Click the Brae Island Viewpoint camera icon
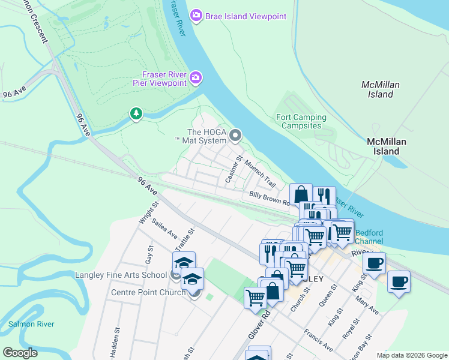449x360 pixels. tap(196, 16)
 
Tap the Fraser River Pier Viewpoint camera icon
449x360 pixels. tap(196, 78)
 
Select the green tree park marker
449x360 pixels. tap(136, 113)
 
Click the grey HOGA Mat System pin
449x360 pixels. tap(235, 136)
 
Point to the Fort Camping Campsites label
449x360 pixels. tap(301, 122)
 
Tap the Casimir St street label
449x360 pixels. tap(232, 170)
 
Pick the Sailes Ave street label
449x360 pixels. tap(164, 229)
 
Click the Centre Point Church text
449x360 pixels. tap(148, 293)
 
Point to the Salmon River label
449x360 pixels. tap(31, 324)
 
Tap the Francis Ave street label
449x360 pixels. tap(318, 340)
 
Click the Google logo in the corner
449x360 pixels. tap(20, 353)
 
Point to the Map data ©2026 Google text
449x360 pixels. tap(411, 355)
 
